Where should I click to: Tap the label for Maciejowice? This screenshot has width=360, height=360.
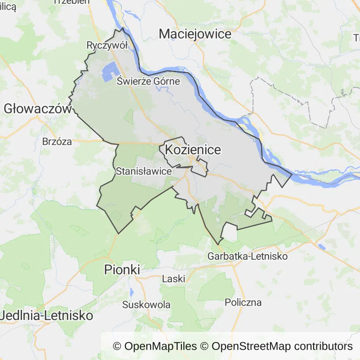tap(195, 34)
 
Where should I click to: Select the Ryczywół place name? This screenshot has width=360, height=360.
tap(107, 45)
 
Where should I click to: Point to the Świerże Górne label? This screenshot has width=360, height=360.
tap(148, 81)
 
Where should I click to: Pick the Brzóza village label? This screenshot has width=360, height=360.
tap(57, 141)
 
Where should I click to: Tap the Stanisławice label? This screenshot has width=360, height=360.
tap(143, 171)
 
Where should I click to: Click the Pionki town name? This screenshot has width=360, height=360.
tap(122, 270)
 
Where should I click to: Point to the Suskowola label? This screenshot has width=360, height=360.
tap(146, 305)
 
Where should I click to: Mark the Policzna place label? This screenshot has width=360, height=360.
tap(243, 302)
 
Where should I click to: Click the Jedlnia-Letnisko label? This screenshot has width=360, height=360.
tap(46, 315)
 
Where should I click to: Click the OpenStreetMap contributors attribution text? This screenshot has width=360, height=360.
tap(282, 346)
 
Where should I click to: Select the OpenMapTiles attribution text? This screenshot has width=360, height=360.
tap(155, 346)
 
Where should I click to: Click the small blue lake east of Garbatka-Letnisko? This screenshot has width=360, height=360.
tap(321, 246)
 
